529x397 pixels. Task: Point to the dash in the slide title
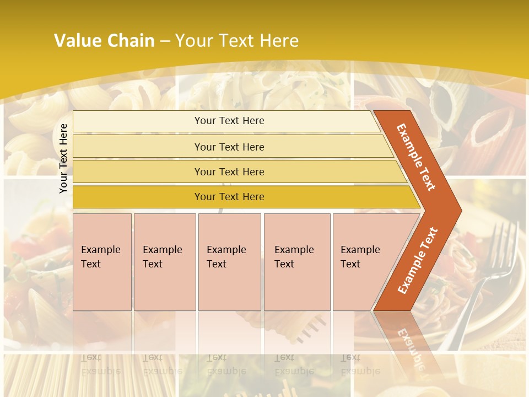[x=165, y=41]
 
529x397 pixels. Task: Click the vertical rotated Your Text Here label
[x=63, y=158]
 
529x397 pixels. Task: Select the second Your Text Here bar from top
[x=229, y=147]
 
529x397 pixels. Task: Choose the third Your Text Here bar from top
[x=229, y=172]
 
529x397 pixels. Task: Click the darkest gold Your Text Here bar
[x=229, y=197]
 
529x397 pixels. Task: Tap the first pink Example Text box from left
[x=102, y=262]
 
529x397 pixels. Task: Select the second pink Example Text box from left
[x=165, y=262]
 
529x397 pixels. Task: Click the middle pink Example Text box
[x=229, y=262]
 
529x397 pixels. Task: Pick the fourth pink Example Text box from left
[x=297, y=262]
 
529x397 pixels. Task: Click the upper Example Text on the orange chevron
[x=416, y=157]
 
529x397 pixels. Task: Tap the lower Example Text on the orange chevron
[x=417, y=260]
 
